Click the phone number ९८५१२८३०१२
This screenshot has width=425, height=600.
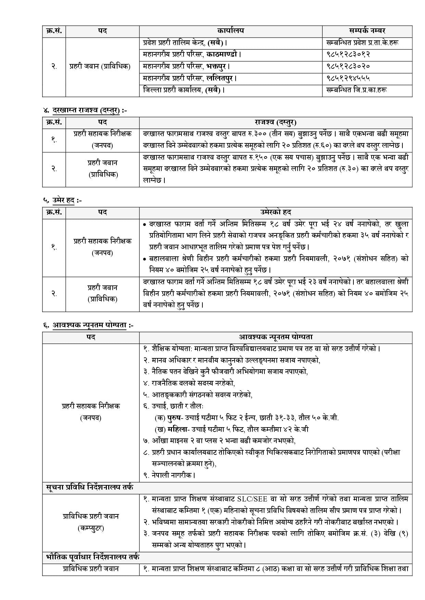(x=348, y=54)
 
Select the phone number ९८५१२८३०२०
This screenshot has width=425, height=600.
(x=348, y=66)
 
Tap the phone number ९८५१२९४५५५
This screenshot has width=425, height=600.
(x=348, y=78)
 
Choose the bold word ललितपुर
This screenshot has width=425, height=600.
(x=221, y=78)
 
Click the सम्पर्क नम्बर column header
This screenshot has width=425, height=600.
(x=367, y=31)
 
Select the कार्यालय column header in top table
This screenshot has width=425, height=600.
(x=230, y=31)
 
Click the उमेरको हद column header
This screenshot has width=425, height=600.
(x=275, y=212)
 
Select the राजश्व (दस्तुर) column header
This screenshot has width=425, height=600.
(x=275, y=122)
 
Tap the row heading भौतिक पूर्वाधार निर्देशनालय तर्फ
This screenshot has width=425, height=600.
(x=92, y=557)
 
